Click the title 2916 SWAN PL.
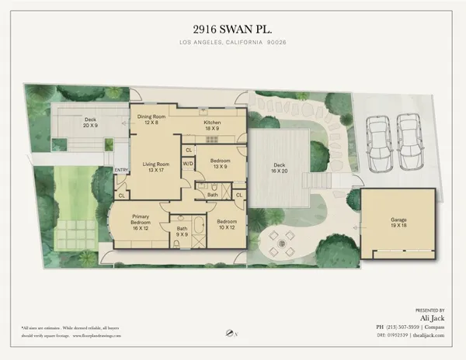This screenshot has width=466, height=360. point(233,23)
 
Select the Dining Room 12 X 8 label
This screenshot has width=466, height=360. point(153,119)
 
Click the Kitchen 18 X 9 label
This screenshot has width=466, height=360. point(213,126)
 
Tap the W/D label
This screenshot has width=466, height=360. point(188,164)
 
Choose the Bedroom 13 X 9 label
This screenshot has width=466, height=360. point(219,163)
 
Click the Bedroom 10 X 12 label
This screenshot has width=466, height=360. point(227,224)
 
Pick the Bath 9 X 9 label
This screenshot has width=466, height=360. point(183,231)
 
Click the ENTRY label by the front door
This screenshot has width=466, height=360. point(120,170)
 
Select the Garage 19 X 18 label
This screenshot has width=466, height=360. point(398,223)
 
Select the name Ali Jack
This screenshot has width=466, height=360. point(433,317)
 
